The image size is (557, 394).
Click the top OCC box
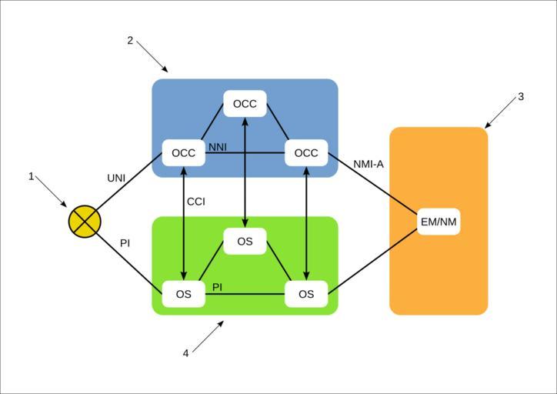pos(245,104)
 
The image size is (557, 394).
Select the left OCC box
pos(183,153)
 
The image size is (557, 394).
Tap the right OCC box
pos(306,153)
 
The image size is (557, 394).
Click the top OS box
pos(245,242)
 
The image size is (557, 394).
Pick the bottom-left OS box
pos(183,294)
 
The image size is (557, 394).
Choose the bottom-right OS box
pos(306,294)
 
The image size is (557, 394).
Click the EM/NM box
pos(439,222)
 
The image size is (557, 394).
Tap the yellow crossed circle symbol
pos(85,222)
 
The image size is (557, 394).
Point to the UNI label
pos(116,179)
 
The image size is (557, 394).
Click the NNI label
pos(218,146)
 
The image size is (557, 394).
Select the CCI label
pos(195,202)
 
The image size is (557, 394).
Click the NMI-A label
pos(369,164)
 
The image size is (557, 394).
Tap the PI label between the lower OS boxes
pos(218,287)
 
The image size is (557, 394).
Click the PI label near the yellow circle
pos(125,243)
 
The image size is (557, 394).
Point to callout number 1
pos(32,176)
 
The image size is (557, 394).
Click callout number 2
pos(130,40)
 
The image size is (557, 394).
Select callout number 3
pos(521,97)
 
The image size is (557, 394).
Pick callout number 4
pos(185,353)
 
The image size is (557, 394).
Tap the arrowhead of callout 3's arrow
pos(487,125)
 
